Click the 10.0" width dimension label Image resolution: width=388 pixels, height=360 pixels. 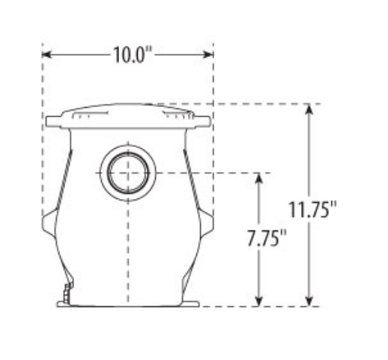[x=133, y=55]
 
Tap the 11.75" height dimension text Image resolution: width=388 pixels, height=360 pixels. [x=312, y=210]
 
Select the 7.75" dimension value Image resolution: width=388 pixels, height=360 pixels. [x=267, y=238]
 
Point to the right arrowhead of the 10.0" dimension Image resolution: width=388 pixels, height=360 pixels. [x=208, y=55]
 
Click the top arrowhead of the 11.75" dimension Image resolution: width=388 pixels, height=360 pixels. [x=309, y=109]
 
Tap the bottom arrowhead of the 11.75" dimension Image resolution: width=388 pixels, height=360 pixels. [x=309, y=301]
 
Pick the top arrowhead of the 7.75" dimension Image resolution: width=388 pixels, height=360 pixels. [x=259, y=178]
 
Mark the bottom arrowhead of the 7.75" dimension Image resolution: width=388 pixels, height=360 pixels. [x=259, y=301]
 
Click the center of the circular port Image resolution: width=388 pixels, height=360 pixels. [x=128, y=173]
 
